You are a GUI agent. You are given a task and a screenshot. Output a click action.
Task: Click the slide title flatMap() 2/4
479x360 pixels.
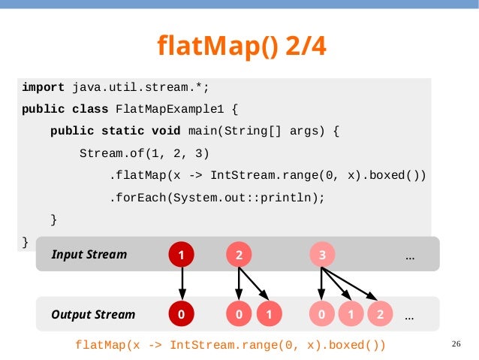coord(242,46)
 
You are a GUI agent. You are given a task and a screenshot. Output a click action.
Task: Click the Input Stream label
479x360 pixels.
coord(89,255)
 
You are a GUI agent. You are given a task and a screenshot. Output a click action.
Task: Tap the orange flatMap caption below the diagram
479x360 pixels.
coord(230,345)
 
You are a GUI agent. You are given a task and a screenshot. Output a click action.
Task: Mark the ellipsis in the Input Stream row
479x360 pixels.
coord(410,257)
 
